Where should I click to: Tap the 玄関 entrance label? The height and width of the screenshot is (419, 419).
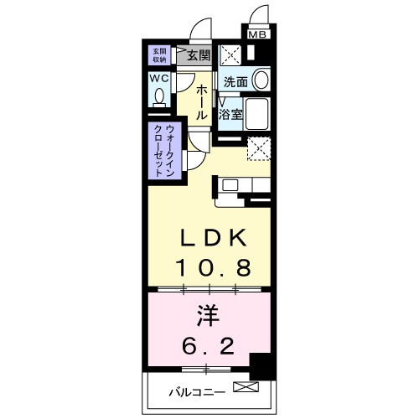pos(198,56)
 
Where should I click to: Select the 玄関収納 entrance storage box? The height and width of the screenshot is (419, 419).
pos(159,55)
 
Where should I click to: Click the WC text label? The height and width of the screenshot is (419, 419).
pos(159,78)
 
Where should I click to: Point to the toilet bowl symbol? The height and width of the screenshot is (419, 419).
pos(159,96)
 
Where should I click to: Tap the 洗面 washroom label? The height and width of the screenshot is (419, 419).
pos(235,82)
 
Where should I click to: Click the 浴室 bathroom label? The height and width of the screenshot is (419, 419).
pos(231,114)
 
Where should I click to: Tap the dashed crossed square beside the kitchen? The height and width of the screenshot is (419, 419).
pos(260,148)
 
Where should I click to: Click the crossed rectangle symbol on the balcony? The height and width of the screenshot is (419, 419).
pos(245,388)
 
